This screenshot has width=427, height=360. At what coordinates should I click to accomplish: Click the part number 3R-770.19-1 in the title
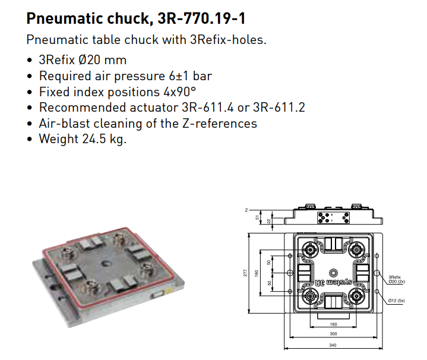(201, 18)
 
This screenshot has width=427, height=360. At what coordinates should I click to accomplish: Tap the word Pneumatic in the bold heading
(64, 19)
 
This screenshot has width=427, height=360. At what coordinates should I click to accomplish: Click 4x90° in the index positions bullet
(179, 91)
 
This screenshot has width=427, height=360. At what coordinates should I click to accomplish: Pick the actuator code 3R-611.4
(207, 108)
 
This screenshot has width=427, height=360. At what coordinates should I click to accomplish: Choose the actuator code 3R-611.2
(279, 108)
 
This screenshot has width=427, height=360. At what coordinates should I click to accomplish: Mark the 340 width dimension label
(333, 345)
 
